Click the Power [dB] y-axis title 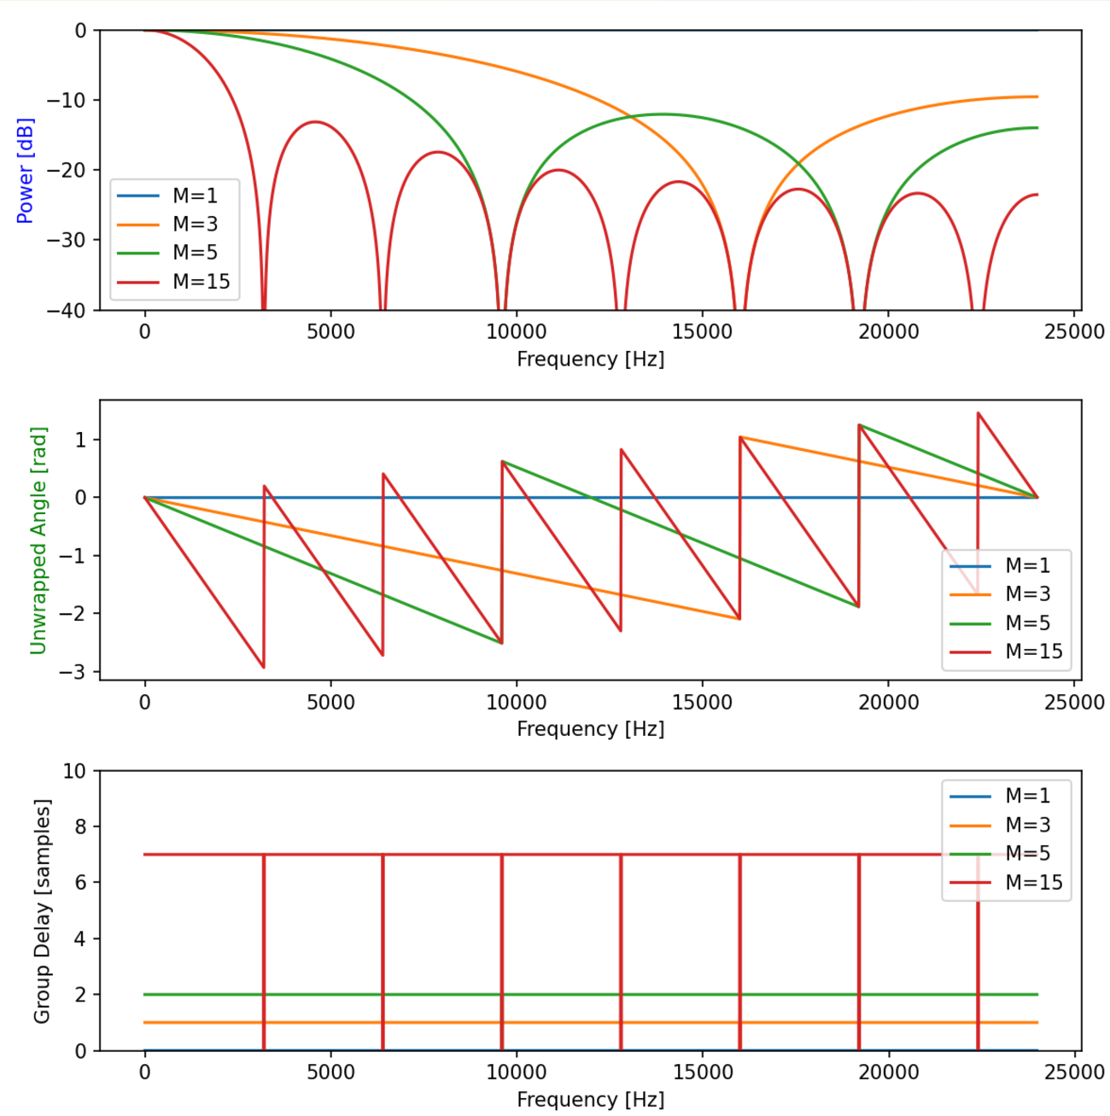click(26, 171)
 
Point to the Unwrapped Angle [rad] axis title click(38, 540)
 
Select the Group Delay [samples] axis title click(42, 911)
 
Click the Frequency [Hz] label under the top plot click(590, 359)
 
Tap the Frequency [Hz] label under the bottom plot click(590, 1100)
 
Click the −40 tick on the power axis click(68, 311)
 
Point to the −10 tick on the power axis click(68, 101)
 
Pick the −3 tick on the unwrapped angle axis click(75, 672)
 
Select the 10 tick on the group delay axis click(75, 771)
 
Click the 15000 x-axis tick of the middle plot click(702, 703)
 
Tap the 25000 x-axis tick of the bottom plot click(1074, 1072)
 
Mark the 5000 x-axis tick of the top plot click(330, 332)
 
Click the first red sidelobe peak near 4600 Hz click(315, 122)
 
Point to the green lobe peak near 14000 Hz click(663, 114)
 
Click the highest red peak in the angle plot click(978, 413)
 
